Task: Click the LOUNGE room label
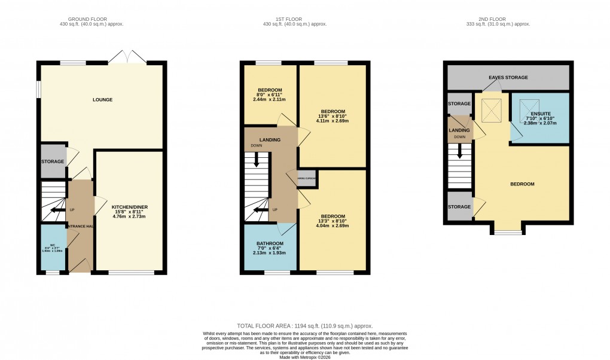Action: [102, 99]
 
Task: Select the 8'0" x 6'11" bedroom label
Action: [270, 94]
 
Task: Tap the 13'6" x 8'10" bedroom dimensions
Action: [333, 118]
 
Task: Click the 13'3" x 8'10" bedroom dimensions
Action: [333, 223]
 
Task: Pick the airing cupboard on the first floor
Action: [307, 178]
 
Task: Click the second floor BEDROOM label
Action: [521, 184]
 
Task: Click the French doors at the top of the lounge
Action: [128, 58]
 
